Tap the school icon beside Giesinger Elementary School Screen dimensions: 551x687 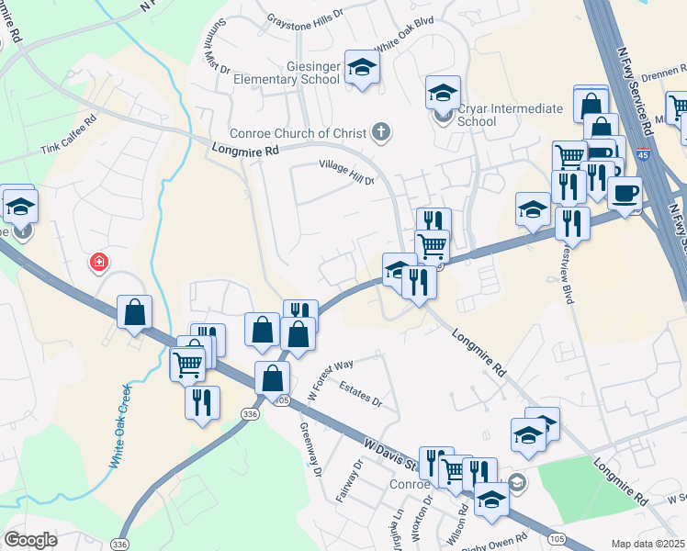pyautogui.click(x=362, y=67)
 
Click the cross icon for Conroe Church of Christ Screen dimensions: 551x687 pyautogui.click(x=381, y=133)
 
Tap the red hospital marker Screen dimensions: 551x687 pyautogui.click(x=98, y=264)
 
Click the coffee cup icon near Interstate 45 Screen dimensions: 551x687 pyautogui.click(x=625, y=194)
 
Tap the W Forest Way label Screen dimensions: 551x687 pyautogui.click(x=331, y=376)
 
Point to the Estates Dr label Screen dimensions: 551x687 pyautogui.click(x=359, y=394)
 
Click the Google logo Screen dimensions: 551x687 pyautogui.click(x=31, y=540)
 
